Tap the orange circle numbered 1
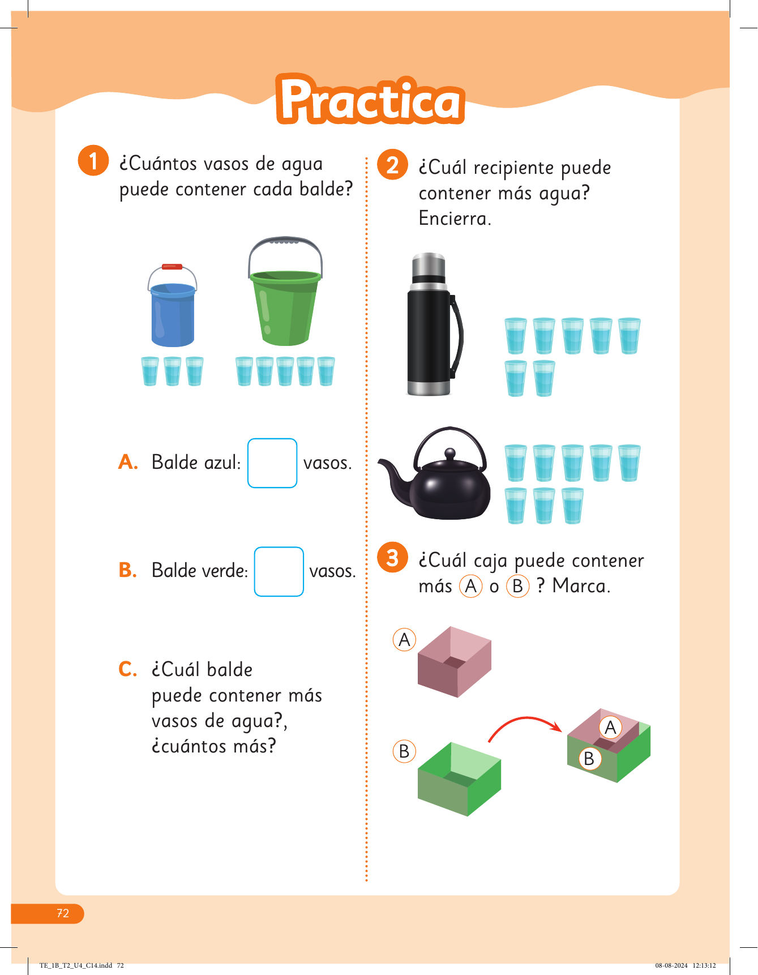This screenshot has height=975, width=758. (x=93, y=160)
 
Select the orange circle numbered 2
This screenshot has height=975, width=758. (x=393, y=165)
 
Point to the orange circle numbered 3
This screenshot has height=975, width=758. (x=393, y=557)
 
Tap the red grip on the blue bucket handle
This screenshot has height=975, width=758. (x=172, y=267)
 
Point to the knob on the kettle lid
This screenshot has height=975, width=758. (x=450, y=454)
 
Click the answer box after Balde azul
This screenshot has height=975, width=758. (x=272, y=463)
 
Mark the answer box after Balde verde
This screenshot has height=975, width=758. (x=279, y=571)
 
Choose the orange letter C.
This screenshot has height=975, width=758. (x=127, y=669)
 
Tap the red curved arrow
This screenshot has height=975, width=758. (x=524, y=720)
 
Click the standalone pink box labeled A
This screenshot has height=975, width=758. (x=455, y=662)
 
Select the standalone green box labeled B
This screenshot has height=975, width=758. (x=460, y=779)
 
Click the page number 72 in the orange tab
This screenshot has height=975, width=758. (x=62, y=913)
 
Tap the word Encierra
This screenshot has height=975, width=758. (x=455, y=218)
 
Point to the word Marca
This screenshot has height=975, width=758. (x=581, y=585)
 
